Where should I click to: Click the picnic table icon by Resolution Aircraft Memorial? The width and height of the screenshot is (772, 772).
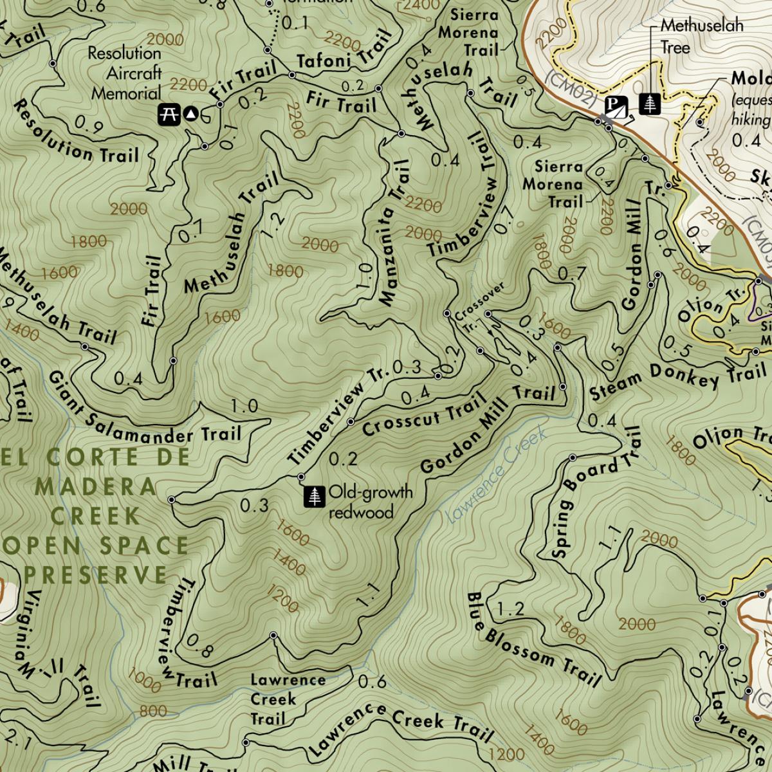[x=169, y=114]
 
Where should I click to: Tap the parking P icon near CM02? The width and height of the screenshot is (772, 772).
[x=616, y=105]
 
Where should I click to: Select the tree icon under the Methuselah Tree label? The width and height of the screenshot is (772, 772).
[x=651, y=104]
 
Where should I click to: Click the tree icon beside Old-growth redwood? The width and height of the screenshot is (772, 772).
[x=315, y=496]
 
